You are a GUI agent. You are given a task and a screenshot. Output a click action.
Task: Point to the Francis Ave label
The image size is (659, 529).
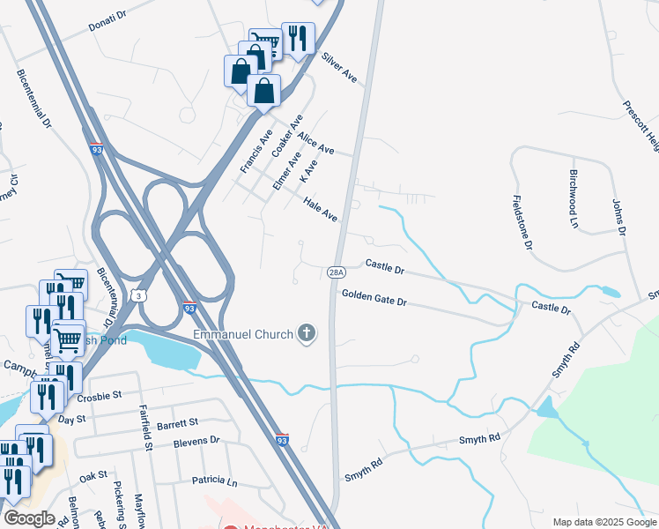pos(256,151)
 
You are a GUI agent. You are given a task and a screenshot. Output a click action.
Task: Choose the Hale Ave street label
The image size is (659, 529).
pos(321,209)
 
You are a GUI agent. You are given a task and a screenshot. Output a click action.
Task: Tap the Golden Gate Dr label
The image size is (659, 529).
pos(374,299)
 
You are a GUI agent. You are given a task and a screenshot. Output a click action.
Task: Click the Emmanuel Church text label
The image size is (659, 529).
pos(243,334)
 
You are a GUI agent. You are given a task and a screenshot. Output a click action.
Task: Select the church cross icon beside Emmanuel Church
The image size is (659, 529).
pos(306,333)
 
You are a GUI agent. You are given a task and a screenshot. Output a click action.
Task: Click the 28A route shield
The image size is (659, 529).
pos(336,273)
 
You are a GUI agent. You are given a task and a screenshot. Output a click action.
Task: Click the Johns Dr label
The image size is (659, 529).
pos(618,217)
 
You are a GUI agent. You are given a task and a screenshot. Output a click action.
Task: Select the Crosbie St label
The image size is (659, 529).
pos(99,398)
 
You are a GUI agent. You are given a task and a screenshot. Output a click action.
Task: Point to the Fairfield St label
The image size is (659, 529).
pos(146,425)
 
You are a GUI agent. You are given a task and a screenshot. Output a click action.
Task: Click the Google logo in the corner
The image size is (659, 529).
pos(29,518)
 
